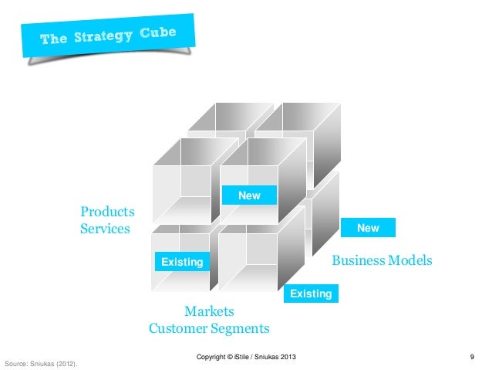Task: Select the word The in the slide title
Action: click(54, 39)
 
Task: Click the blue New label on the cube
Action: click(249, 196)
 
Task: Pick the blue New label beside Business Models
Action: click(368, 228)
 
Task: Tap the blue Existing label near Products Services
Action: click(181, 263)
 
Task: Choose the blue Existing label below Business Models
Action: click(311, 294)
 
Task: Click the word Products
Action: click(108, 212)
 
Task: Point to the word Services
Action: click(105, 229)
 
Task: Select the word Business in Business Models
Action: click(356, 261)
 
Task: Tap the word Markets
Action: click(209, 311)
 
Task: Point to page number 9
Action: click(471, 356)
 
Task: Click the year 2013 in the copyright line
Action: click(285, 356)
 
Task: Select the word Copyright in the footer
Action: click(214, 356)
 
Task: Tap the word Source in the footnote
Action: click(16, 362)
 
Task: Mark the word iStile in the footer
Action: click(246, 356)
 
